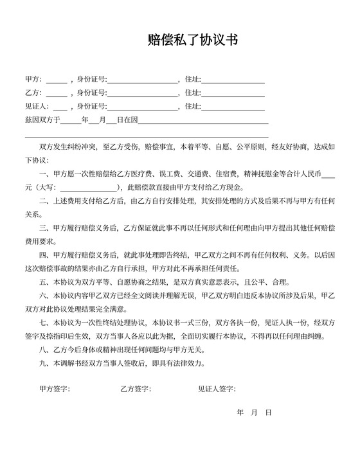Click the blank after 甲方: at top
pos(57,80)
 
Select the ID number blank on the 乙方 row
pos(143,94)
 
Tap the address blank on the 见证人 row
pos(233,107)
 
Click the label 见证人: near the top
pos(37,106)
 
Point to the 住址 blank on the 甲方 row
pos(233,80)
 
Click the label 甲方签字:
pos(55,390)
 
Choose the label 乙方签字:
pos(135,390)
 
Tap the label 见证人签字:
pos(217,390)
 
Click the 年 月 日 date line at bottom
pos(255,411)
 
